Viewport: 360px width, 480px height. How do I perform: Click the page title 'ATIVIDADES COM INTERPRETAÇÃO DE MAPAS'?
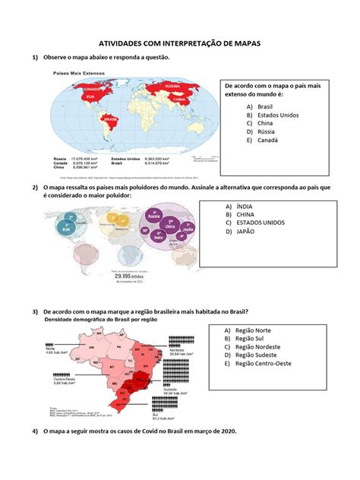pyautogui.click(x=180, y=45)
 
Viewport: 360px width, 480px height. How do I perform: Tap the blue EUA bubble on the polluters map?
pyautogui.click(x=71, y=226)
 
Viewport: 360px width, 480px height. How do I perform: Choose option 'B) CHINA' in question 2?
pyautogui.click(x=248, y=214)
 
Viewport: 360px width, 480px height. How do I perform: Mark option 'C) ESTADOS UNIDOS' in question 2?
pyautogui.click(x=264, y=223)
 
